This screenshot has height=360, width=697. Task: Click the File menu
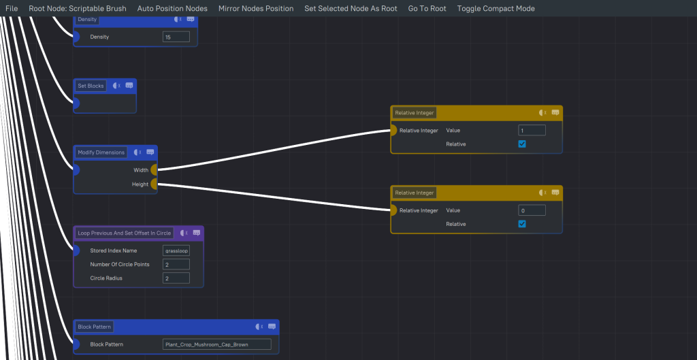12,9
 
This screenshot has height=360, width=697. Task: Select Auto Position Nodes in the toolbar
172,9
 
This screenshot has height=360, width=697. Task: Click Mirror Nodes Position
256,9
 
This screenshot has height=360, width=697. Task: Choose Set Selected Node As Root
351,9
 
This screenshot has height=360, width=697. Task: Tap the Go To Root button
427,9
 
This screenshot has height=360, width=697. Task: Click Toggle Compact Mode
496,9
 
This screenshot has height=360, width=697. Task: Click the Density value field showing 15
176,37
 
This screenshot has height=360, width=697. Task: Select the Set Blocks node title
91,86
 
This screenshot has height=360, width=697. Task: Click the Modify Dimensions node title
101,152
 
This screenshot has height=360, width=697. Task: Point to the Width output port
154,170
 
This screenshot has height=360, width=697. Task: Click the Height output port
154,184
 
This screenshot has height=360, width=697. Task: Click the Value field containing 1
532,131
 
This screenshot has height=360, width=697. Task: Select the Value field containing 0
532,211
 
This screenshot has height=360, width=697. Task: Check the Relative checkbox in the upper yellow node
522,144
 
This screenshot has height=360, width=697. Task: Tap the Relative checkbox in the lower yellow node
522,224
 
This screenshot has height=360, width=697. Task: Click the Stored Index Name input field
176,250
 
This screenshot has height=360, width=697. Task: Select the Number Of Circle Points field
176,264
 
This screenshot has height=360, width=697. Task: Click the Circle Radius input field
176,278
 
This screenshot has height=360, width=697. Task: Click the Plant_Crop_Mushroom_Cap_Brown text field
216,344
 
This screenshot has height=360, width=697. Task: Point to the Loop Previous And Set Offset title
125,233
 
